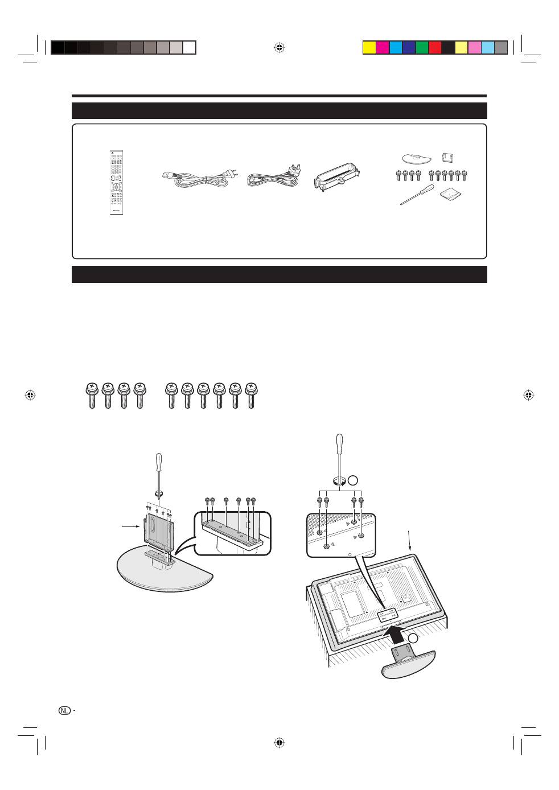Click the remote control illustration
click(117, 183)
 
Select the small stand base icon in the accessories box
click(414, 157)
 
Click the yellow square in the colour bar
click(369, 47)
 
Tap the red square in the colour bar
click(435, 47)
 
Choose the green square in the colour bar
click(422, 47)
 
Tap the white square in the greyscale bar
click(190, 47)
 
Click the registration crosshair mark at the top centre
click(279, 47)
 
